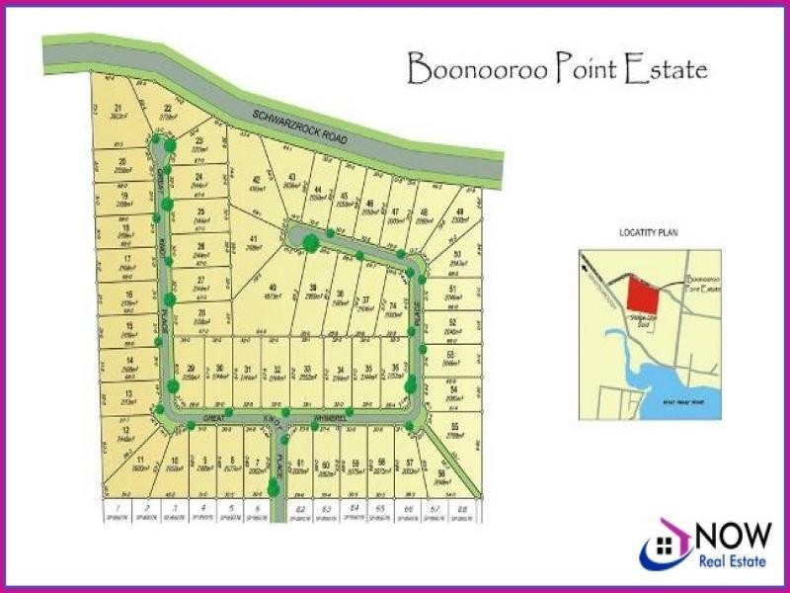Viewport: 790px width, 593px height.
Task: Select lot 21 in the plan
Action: point(118,112)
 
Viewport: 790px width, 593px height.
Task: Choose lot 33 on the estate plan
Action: point(309,374)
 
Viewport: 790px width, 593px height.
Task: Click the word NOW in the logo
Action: point(732,536)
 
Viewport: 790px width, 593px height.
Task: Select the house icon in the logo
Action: point(666,543)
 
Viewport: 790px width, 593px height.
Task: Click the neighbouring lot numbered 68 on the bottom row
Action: point(463,511)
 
